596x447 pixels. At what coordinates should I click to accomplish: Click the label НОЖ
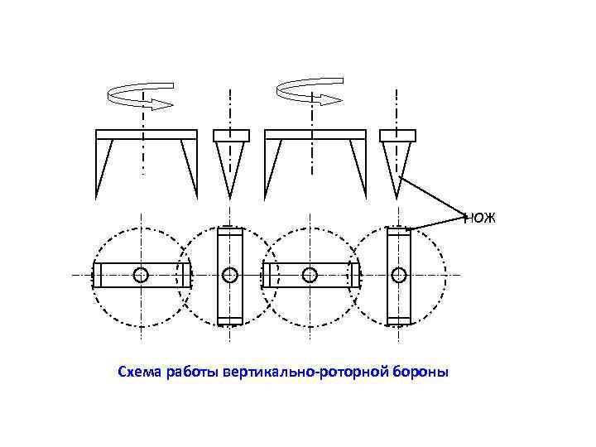(480, 218)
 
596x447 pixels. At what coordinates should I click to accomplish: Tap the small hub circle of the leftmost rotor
(142, 274)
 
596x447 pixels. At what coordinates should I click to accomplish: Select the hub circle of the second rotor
(229, 274)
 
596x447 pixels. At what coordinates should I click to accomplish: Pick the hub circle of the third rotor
(310, 274)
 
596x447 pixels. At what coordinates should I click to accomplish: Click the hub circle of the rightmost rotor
(399, 274)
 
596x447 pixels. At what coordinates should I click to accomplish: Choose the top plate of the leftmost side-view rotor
(147, 134)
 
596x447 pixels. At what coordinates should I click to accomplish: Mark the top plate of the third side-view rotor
(315, 134)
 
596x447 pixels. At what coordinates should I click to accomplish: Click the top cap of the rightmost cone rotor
(397, 134)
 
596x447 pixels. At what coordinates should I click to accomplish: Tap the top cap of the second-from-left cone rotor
(231, 134)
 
